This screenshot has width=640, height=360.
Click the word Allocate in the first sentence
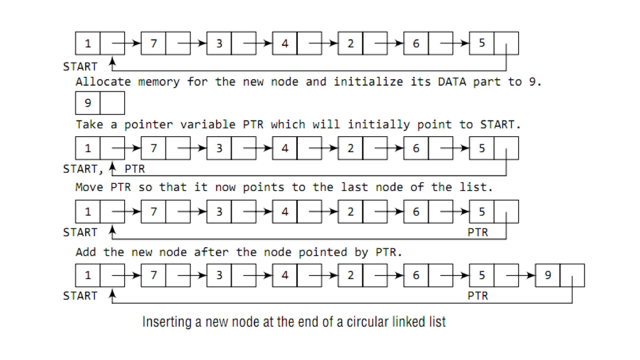(x=103, y=82)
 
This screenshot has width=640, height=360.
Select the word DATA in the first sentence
(x=452, y=82)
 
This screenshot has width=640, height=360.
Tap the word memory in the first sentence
(x=159, y=82)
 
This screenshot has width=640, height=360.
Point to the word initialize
(x=368, y=82)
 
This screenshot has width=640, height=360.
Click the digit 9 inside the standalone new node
(x=88, y=103)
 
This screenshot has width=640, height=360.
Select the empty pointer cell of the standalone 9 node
(x=112, y=103)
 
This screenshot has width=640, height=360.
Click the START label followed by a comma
(x=83, y=169)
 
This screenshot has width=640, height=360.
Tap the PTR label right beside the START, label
(x=135, y=169)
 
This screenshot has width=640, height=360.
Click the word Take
(x=89, y=125)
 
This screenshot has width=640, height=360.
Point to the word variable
(x=207, y=125)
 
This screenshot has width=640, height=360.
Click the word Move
(x=89, y=187)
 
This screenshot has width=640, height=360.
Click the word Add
(x=86, y=252)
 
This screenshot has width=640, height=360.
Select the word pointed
(x=322, y=252)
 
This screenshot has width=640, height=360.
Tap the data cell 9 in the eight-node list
(x=547, y=275)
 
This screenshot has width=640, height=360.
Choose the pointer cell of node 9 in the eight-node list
(x=572, y=275)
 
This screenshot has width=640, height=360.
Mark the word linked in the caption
(x=408, y=322)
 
